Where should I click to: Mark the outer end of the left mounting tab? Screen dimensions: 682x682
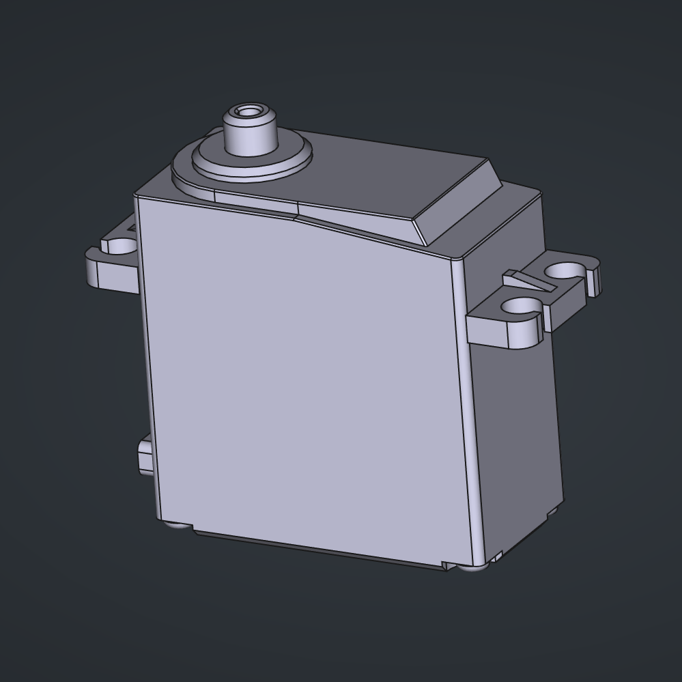93,270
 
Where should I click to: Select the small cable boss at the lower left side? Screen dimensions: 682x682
145,456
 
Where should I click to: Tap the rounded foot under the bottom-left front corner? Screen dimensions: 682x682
177,525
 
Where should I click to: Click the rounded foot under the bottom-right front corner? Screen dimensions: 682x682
470,566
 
